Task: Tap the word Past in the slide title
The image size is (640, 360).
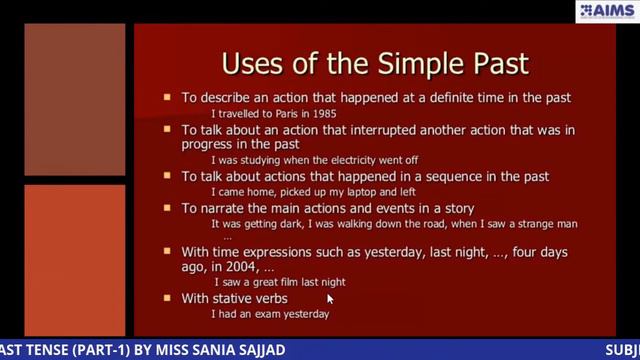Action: (x=495, y=64)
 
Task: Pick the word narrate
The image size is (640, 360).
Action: (x=222, y=208)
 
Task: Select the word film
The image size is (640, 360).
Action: (x=289, y=283)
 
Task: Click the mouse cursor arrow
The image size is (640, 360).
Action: (x=330, y=298)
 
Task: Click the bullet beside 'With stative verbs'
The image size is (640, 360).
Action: (x=168, y=298)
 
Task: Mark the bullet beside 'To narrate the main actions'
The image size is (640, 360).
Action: (x=168, y=208)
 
